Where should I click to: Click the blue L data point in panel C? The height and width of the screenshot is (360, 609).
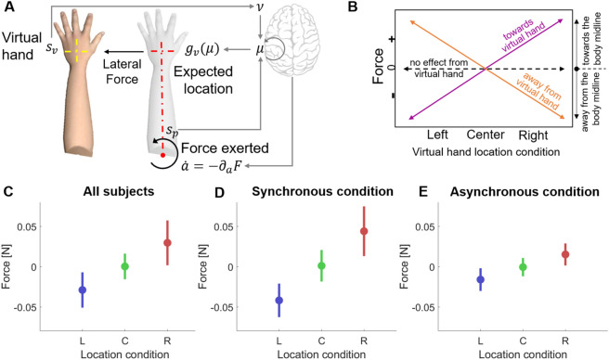tap(82, 289)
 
